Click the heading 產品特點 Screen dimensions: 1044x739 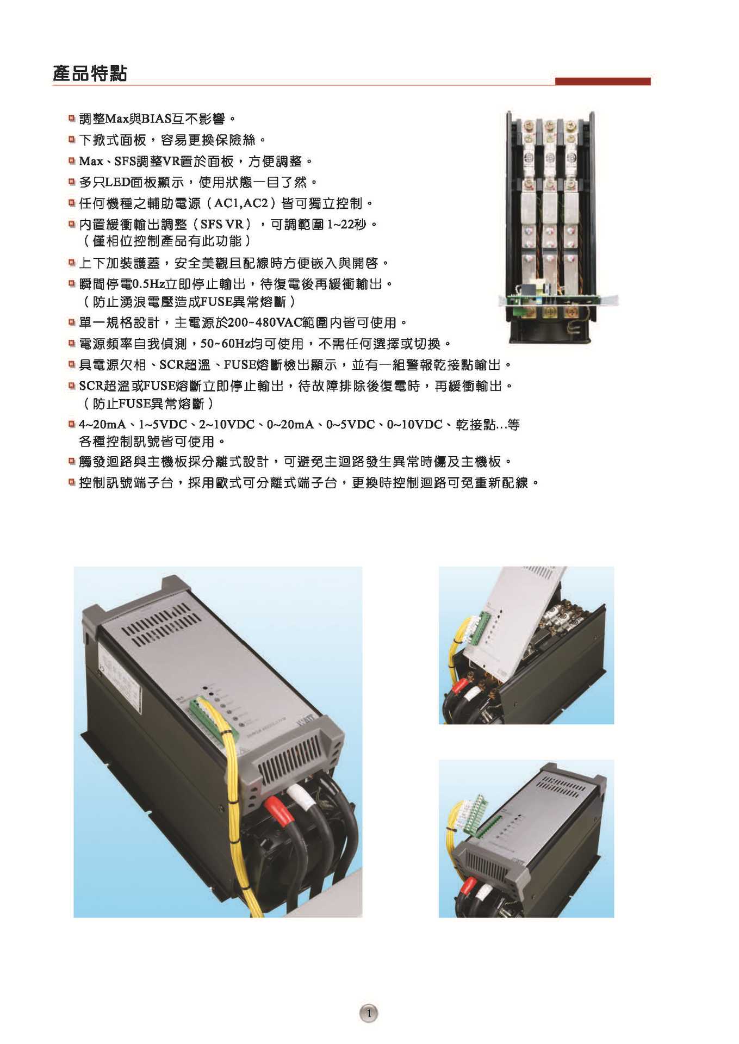pyautogui.click(x=90, y=73)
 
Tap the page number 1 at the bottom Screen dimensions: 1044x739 pyautogui.click(x=369, y=1012)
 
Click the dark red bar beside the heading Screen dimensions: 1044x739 pyautogui.click(x=603, y=82)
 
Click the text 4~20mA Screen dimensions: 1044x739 pyautogui.click(x=102, y=425)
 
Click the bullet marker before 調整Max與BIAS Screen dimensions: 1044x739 pyautogui.click(x=71, y=118)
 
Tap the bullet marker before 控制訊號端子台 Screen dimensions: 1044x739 pyautogui.click(x=71, y=482)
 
